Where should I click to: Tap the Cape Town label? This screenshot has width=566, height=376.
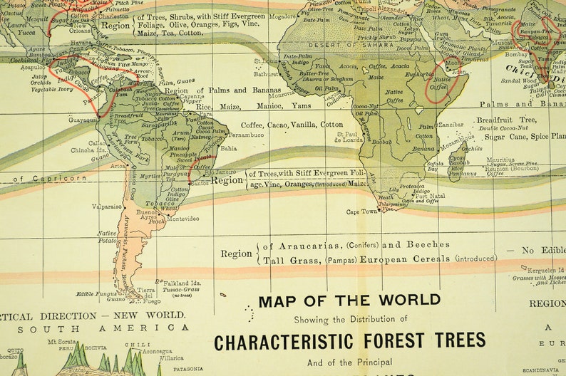pyautogui.click(x=361, y=211)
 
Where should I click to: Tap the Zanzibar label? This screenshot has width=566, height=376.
pyautogui.click(x=451, y=124)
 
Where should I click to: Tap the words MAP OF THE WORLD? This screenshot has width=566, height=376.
pyautogui.click(x=349, y=301)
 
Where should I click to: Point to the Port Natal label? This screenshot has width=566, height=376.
pyautogui.click(x=430, y=195)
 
